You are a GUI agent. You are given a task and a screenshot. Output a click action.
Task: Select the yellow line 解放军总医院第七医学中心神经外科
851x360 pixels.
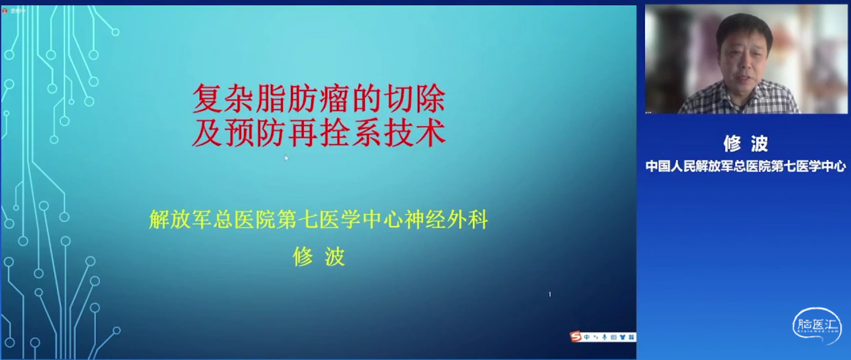tap(318, 220)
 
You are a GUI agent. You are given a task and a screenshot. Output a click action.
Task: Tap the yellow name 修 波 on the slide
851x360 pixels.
tap(319, 257)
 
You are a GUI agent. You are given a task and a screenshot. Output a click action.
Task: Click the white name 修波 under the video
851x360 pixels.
tap(744, 143)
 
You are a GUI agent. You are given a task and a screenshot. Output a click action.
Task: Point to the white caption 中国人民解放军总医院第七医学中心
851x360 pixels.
tap(745, 166)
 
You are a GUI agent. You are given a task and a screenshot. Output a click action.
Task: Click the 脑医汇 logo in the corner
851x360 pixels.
tap(816, 326)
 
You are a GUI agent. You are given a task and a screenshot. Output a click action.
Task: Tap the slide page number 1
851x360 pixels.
tap(550, 294)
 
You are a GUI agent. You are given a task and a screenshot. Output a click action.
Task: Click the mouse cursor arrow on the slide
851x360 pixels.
tap(286, 158)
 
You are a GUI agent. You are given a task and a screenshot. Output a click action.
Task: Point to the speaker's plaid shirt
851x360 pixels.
tap(738, 101)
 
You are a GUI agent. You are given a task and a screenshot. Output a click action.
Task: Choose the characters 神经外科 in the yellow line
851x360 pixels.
tap(453, 220)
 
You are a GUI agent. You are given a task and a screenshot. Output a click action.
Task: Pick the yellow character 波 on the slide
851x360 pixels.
tap(335, 257)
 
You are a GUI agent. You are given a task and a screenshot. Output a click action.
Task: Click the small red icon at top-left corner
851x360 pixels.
tap(5, 11)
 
